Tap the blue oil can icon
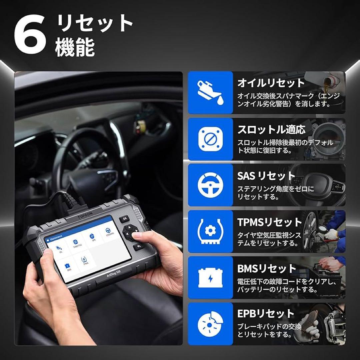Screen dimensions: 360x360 click(x=210, y=93)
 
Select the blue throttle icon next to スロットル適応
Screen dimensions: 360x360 click(x=210, y=139)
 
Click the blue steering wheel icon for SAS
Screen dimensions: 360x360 click(x=210, y=185)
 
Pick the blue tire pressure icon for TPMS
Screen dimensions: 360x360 click(x=210, y=232)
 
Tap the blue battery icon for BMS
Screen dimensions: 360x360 click(x=210, y=278)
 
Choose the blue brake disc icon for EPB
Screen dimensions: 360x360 click(x=210, y=324)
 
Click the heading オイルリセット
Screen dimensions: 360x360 click(x=271, y=83)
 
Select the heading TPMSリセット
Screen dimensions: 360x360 click(x=270, y=222)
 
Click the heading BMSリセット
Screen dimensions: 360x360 click(x=267, y=268)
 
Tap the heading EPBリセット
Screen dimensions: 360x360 click(x=266, y=314)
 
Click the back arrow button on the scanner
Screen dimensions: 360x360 click(x=138, y=247)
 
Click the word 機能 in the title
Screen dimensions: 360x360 click(x=75, y=48)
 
